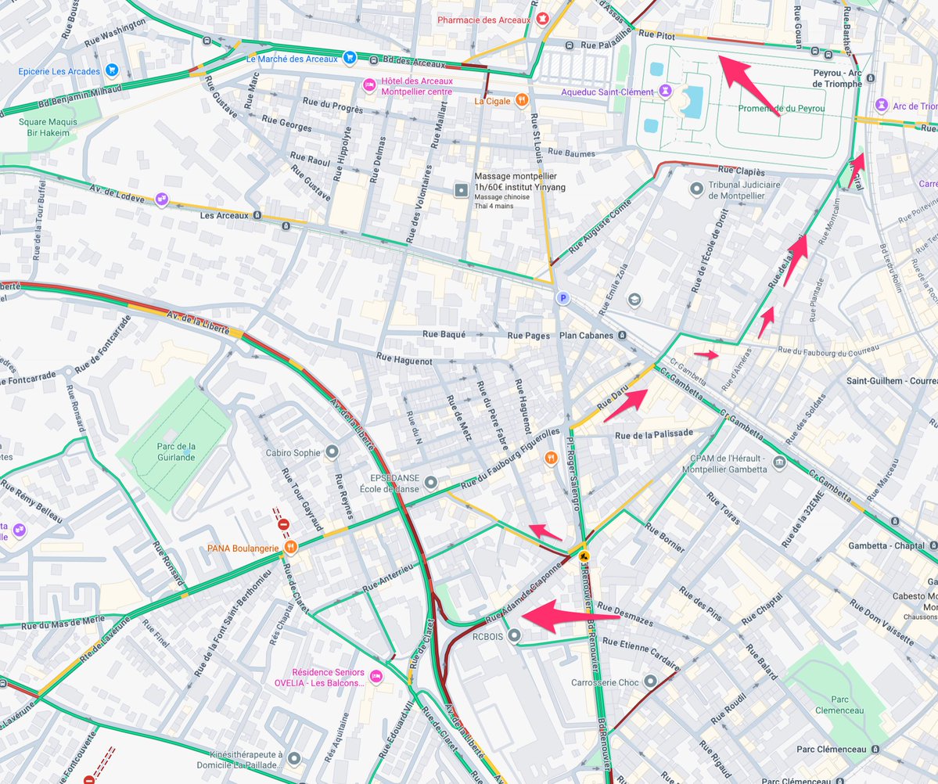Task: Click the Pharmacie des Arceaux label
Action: point(485,20)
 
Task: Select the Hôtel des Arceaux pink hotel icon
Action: point(369,85)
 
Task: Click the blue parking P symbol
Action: point(561,298)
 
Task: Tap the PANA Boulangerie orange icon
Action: point(289,548)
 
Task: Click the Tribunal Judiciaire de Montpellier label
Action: point(744,190)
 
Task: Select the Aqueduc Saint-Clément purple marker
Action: point(664,92)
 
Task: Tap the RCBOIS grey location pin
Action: point(513,635)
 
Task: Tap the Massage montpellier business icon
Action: point(462,190)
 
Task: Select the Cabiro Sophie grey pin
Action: point(332,451)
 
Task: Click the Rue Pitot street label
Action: point(656,34)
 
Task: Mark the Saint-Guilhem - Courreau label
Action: point(891,381)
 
